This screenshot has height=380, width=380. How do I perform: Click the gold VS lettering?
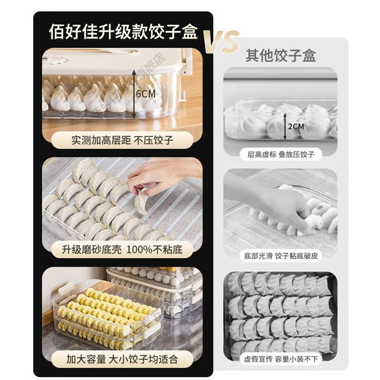coord(221,42)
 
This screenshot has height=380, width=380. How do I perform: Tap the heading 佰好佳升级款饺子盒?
coord(123,31)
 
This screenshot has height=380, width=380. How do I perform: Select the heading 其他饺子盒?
coord(281,55)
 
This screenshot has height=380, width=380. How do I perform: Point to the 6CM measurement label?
coord(145,94)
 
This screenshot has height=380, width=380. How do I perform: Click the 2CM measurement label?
coord(296,126)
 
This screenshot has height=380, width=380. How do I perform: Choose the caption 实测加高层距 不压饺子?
coord(122,140)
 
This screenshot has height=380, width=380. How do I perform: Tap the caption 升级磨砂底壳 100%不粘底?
coord(122,249)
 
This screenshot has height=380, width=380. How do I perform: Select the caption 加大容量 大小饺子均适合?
coord(122,359)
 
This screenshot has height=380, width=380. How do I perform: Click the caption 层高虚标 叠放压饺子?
coord(281,154)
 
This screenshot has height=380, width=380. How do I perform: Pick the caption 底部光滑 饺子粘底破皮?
coord(281,256)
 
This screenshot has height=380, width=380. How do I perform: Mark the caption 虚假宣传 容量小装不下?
coord(281,359)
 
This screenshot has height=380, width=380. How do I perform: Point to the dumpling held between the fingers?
coord(142,201)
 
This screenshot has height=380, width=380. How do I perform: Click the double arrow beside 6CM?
coord(134,94)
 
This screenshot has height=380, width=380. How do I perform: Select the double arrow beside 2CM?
coord(285,126)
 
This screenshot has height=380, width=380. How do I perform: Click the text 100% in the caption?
coord(140,249)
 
